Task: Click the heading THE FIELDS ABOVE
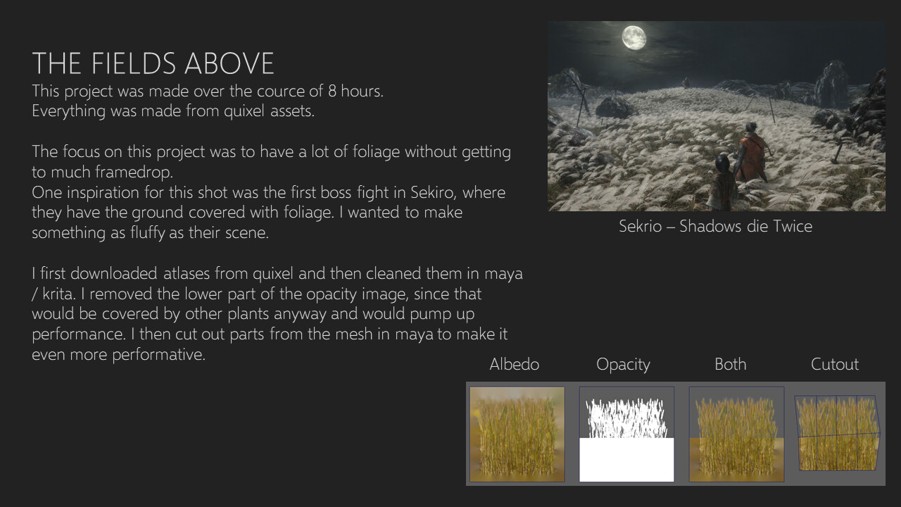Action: pyautogui.click(x=153, y=63)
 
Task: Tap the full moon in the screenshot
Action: pyautogui.click(x=634, y=37)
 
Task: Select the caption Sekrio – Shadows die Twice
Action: pyautogui.click(x=716, y=226)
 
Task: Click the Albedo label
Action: pyautogui.click(x=514, y=364)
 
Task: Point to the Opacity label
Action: pyautogui.click(x=623, y=365)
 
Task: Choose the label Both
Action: pyautogui.click(x=731, y=364)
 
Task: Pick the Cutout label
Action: pyautogui.click(x=835, y=364)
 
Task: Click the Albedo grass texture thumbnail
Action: pyautogui.click(x=517, y=434)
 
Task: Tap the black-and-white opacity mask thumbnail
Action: pyautogui.click(x=626, y=434)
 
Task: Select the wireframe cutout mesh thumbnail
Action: pyautogui.click(x=837, y=433)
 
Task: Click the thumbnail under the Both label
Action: pyautogui.click(x=736, y=434)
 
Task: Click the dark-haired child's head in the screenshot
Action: pyautogui.click(x=724, y=164)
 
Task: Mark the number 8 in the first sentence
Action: pyautogui.click(x=332, y=92)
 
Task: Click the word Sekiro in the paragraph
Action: pyautogui.click(x=433, y=192)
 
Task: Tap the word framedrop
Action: pyautogui.click(x=134, y=173)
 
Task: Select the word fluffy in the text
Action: pyautogui.click(x=147, y=233)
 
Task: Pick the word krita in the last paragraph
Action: pyautogui.click(x=58, y=294)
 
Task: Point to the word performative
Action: pyautogui.click(x=158, y=355)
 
